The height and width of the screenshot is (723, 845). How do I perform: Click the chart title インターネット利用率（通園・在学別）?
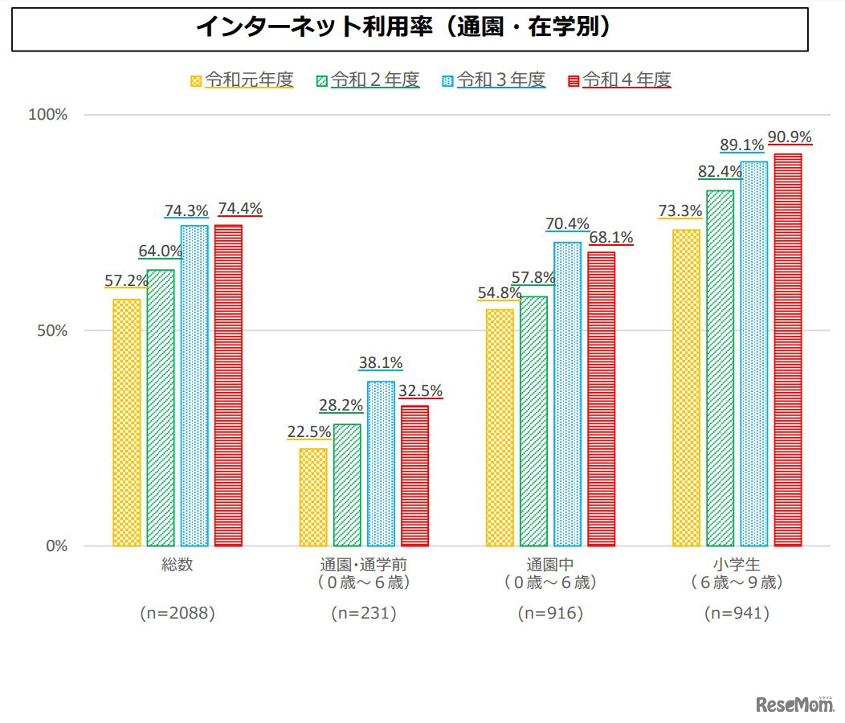pyautogui.click(x=410, y=29)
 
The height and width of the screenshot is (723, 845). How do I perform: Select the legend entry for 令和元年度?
pyautogui.click(x=242, y=80)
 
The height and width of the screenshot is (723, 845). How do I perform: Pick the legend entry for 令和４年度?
pyautogui.click(x=619, y=80)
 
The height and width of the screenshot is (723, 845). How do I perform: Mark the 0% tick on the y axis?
pyautogui.click(x=55, y=546)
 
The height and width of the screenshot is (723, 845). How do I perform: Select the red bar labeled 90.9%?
pyautogui.click(x=788, y=349)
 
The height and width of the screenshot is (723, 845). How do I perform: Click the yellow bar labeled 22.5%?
pyautogui.click(x=313, y=497)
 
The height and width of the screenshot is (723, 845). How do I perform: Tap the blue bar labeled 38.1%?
pyautogui.click(x=381, y=464)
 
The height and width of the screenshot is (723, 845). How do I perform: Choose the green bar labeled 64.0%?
pyautogui.click(x=161, y=408)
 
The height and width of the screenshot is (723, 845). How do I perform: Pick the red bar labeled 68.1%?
pyautogui.click(x=601, y=399)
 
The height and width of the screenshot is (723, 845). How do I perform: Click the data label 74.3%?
pyautogui.click(x=186, y=210)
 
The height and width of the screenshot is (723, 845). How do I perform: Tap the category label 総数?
pyautogui.click(x=178, y=565)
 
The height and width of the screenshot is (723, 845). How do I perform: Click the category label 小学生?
pyautogui.click(x=737, y=565)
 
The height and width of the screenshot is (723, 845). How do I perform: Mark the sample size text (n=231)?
pyautogui.click(x=364, y=614)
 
